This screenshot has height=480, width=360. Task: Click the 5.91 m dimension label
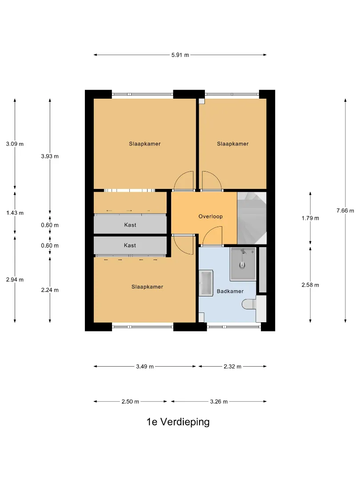(x=180, y=55)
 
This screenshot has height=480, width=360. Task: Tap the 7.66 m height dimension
(x=345, y=211)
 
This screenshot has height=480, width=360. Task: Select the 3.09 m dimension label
(x=15, y=144)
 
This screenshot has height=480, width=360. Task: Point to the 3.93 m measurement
(x=50, y=156)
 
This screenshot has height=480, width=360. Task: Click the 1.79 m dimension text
(x=310, y=218)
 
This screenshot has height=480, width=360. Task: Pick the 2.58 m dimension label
(x=310, y=285)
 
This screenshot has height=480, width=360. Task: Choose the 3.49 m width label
(x=145, y=366)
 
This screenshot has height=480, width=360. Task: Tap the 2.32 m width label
(x=232, y=366)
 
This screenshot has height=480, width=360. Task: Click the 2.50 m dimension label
(x=130, y=402)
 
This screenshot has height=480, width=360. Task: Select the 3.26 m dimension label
(x=219, y=402)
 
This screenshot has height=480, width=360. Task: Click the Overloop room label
(x=211, y=216)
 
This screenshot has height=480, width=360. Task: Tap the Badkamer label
(x=230, y=291)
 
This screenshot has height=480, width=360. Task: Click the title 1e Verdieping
(x=178, y=422)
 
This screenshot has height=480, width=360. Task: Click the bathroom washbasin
(x=206, y=283)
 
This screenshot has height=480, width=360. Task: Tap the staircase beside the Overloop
(x=252, y=218)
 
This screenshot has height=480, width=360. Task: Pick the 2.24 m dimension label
(x=50, y=290)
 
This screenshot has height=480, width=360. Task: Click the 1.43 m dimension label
(x=15, y=213)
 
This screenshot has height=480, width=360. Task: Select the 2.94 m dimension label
(x=15, y=280)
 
